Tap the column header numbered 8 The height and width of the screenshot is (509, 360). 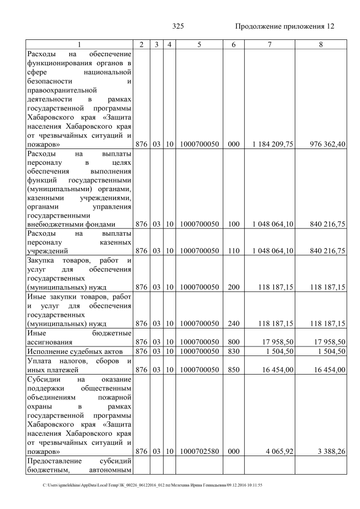click(321, 44)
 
